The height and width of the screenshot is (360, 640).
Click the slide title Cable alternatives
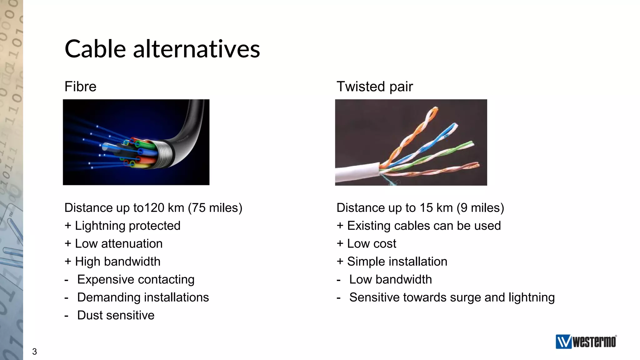(x=162, y=49)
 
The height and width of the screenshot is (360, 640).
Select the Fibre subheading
(x=80, y=87)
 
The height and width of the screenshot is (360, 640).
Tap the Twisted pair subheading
(x=374, y=87)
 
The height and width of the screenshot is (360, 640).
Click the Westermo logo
(x=586, y=342)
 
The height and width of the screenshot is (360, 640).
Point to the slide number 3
(x=34, y=352)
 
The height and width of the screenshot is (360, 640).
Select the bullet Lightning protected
(x=127, y=226)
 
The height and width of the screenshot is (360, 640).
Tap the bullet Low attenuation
(x=119, y=244)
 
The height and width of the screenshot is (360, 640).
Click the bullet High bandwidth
(x=117, y=262)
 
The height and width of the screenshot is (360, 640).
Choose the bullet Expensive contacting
(x=136, y=279)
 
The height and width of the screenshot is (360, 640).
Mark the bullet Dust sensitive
(x=116, y=315)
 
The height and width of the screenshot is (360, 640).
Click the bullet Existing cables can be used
(x=424, y=226)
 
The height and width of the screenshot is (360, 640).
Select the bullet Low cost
(x=371, y=244)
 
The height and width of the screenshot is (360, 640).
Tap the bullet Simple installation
(x=397, y=262)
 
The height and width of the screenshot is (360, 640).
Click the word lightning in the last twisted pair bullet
(x=531, y=297)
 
